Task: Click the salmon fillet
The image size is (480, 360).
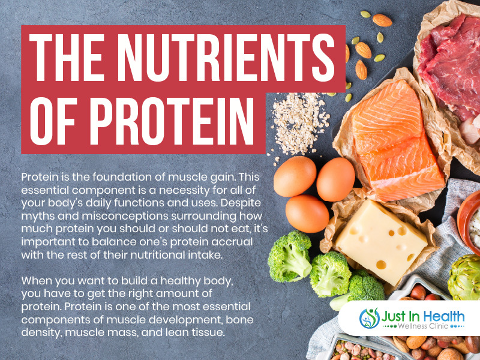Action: click(x=397, y=142)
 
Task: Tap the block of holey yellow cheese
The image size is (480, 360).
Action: click(x=380, y=241)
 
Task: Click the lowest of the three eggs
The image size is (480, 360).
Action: click(x=307, y=214)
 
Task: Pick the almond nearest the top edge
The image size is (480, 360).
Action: click(x=382, y=20)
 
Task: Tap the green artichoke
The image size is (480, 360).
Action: click(x=464, y=277)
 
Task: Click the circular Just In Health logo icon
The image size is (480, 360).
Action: click(x=370, y=318)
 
